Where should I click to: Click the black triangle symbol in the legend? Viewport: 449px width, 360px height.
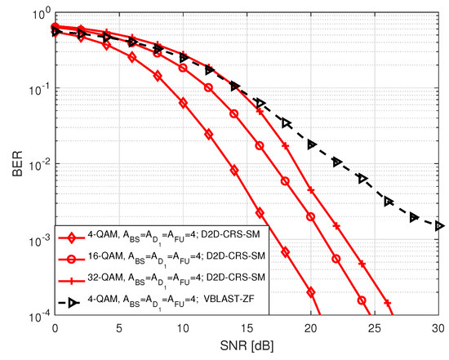(73, 301)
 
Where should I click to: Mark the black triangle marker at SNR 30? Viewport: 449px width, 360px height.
(439, 225)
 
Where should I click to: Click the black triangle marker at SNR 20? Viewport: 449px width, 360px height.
(311, 144)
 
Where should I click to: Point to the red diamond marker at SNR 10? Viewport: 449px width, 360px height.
(183, 104)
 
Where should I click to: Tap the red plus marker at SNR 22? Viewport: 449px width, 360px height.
(336, 224)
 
